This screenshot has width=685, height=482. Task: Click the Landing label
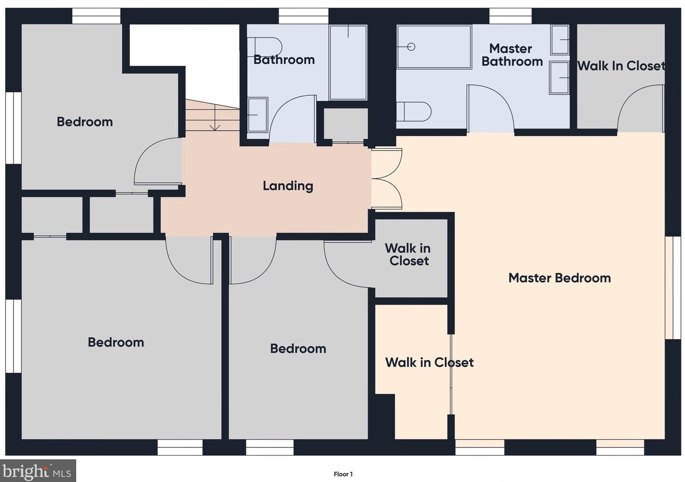(288, 186)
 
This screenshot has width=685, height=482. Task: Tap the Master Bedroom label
(560, 278)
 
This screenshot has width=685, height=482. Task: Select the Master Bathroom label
(512, 55)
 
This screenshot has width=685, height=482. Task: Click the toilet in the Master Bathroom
(414, 112)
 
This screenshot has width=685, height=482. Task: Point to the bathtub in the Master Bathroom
(434, 47)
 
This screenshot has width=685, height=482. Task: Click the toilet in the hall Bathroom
(264, 47)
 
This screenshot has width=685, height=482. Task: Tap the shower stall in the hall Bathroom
(348, 63)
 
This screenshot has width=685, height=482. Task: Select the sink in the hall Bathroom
(258, 114)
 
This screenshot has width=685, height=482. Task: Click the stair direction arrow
(215, 118)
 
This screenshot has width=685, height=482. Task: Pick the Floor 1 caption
(343, 474)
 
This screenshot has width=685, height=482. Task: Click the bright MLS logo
(38, 470)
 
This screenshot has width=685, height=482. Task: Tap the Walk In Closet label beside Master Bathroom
(621, 66)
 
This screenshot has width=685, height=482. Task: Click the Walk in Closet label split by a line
(429, 363)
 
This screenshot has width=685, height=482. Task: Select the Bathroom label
(284, 60)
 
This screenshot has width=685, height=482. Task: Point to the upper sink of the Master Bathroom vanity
(560, 40)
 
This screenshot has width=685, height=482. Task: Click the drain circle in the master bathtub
(411, 47)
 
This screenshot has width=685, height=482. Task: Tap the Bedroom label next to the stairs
(85, 122)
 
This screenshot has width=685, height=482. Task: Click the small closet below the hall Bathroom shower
(346, 125)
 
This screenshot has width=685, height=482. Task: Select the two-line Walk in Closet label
(408, 254)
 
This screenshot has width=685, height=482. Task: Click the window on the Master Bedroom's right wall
(673, 288)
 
